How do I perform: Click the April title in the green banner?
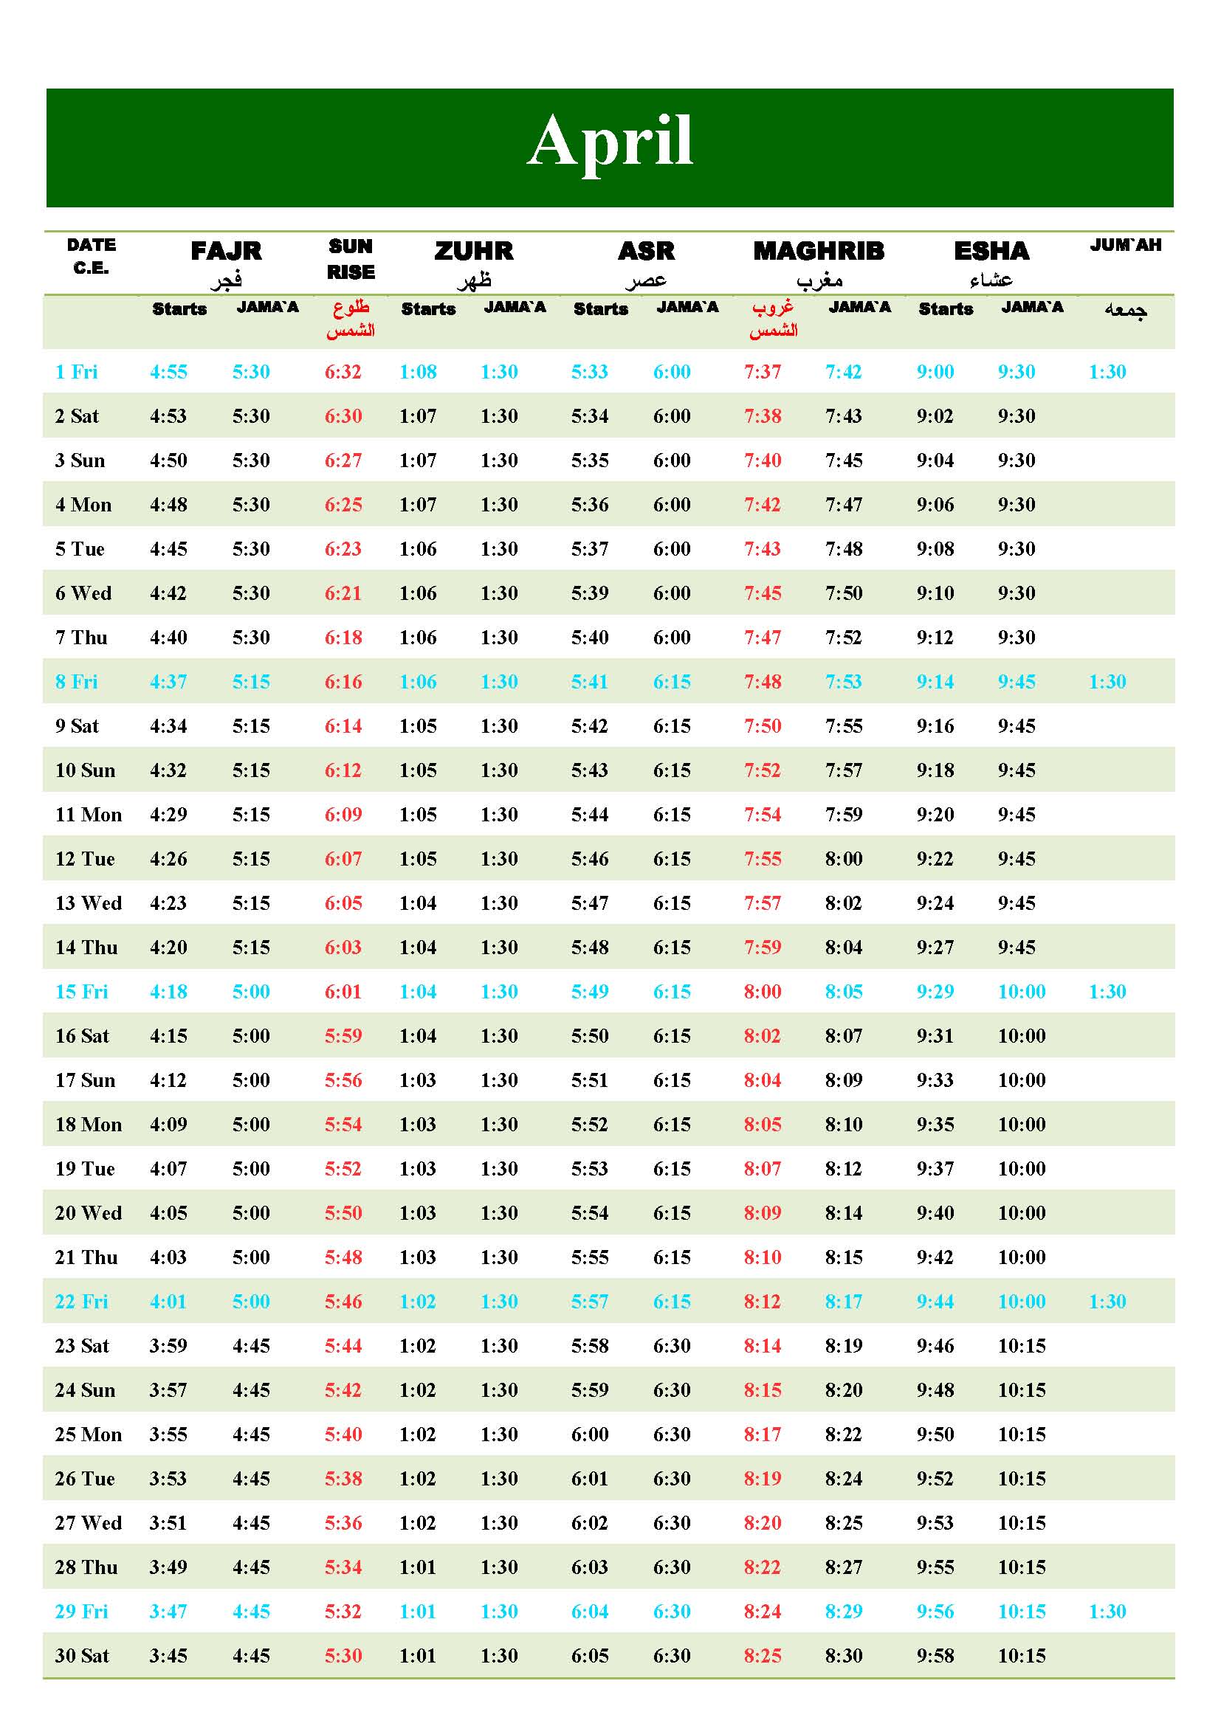(610, 142)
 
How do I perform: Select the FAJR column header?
(226, 250)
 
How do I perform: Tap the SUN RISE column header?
(351, 258)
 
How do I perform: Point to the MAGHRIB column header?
(819, 250)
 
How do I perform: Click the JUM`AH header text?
(1126, 245)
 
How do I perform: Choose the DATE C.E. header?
(91, 256)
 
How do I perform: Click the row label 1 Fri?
(76, 372)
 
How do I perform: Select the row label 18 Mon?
(88, 1125)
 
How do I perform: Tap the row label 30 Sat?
(82, 1655)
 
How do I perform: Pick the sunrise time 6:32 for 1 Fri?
(343, 372)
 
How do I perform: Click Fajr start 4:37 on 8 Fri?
(168, 682)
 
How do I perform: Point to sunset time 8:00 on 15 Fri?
(763, 992)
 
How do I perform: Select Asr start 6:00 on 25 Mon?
(589, 1435)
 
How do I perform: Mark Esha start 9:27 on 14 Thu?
(935, 947)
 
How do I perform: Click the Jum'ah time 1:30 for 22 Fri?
(1107, 1301)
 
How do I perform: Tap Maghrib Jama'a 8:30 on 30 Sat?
(844, 1655)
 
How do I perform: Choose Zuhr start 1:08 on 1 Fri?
(418, 372)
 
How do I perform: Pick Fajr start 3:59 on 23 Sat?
(168, 1346)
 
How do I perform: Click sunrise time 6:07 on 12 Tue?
(343, 858)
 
